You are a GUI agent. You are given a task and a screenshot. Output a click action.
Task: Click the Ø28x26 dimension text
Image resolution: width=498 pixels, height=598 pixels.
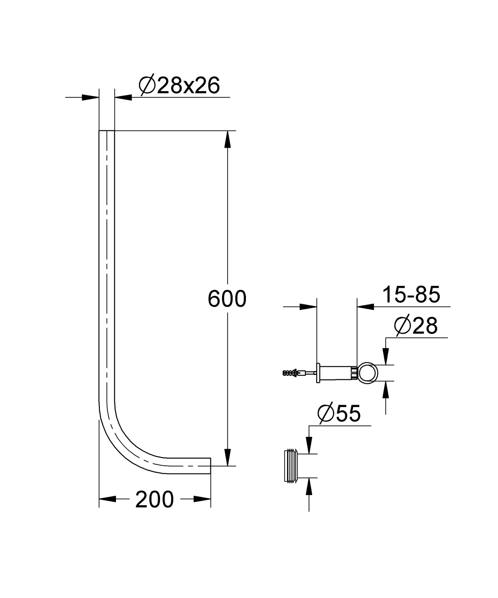179,86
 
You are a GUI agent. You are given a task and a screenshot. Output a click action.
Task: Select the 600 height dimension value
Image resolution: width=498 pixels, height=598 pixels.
227,299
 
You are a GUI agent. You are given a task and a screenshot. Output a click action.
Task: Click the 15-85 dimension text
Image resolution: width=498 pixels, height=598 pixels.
411,295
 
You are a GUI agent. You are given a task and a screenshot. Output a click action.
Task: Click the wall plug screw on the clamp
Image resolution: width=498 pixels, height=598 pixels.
292,373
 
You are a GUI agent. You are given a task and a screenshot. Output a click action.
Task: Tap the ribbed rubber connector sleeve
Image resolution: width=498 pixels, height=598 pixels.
291,466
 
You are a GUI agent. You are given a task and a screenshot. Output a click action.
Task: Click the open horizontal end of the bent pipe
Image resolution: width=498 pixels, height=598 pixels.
210,466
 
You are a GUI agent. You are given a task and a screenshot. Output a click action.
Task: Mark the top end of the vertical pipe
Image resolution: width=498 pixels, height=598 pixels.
107,131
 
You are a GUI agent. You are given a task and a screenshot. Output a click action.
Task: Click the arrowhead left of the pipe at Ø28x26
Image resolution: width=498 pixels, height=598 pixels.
90,97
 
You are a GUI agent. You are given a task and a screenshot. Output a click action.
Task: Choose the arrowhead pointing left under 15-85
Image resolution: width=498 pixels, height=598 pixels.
365,307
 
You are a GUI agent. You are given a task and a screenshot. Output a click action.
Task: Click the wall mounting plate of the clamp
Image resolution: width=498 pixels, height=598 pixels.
318,373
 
